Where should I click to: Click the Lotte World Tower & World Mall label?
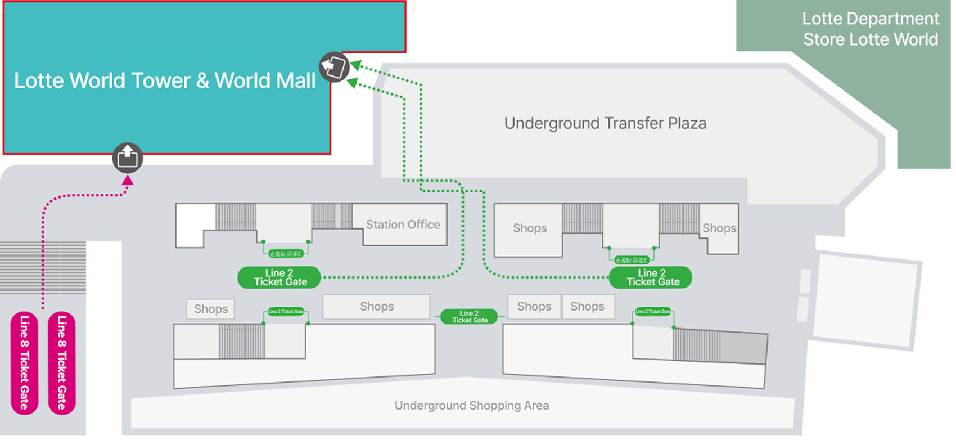[x=164, y=81]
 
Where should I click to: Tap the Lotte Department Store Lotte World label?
[x=870, y=29]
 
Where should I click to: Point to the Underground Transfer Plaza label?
[x=605, y=124]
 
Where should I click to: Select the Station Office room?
[x=404, y=225]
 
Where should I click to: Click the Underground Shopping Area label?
[x=471, y=406]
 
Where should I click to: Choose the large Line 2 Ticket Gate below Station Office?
[x=279, y=277]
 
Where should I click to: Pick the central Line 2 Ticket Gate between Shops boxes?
[x=470, y=317]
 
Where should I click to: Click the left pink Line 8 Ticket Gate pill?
[x=24, y=363]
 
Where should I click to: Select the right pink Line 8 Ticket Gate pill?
[x=62, y=363]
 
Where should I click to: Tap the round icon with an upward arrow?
[x=128, y=158]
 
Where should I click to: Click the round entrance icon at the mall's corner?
[x=335, y=67]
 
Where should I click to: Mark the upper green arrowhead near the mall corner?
[x=356, y=67]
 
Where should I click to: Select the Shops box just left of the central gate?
[x=376, y=307]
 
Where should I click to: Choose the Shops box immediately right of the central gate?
[x=534, y=307]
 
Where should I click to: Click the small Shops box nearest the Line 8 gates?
[x=211, y=309]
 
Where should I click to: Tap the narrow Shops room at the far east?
[x=719, y=228]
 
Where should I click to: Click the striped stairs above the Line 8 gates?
[x=43, y=267]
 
